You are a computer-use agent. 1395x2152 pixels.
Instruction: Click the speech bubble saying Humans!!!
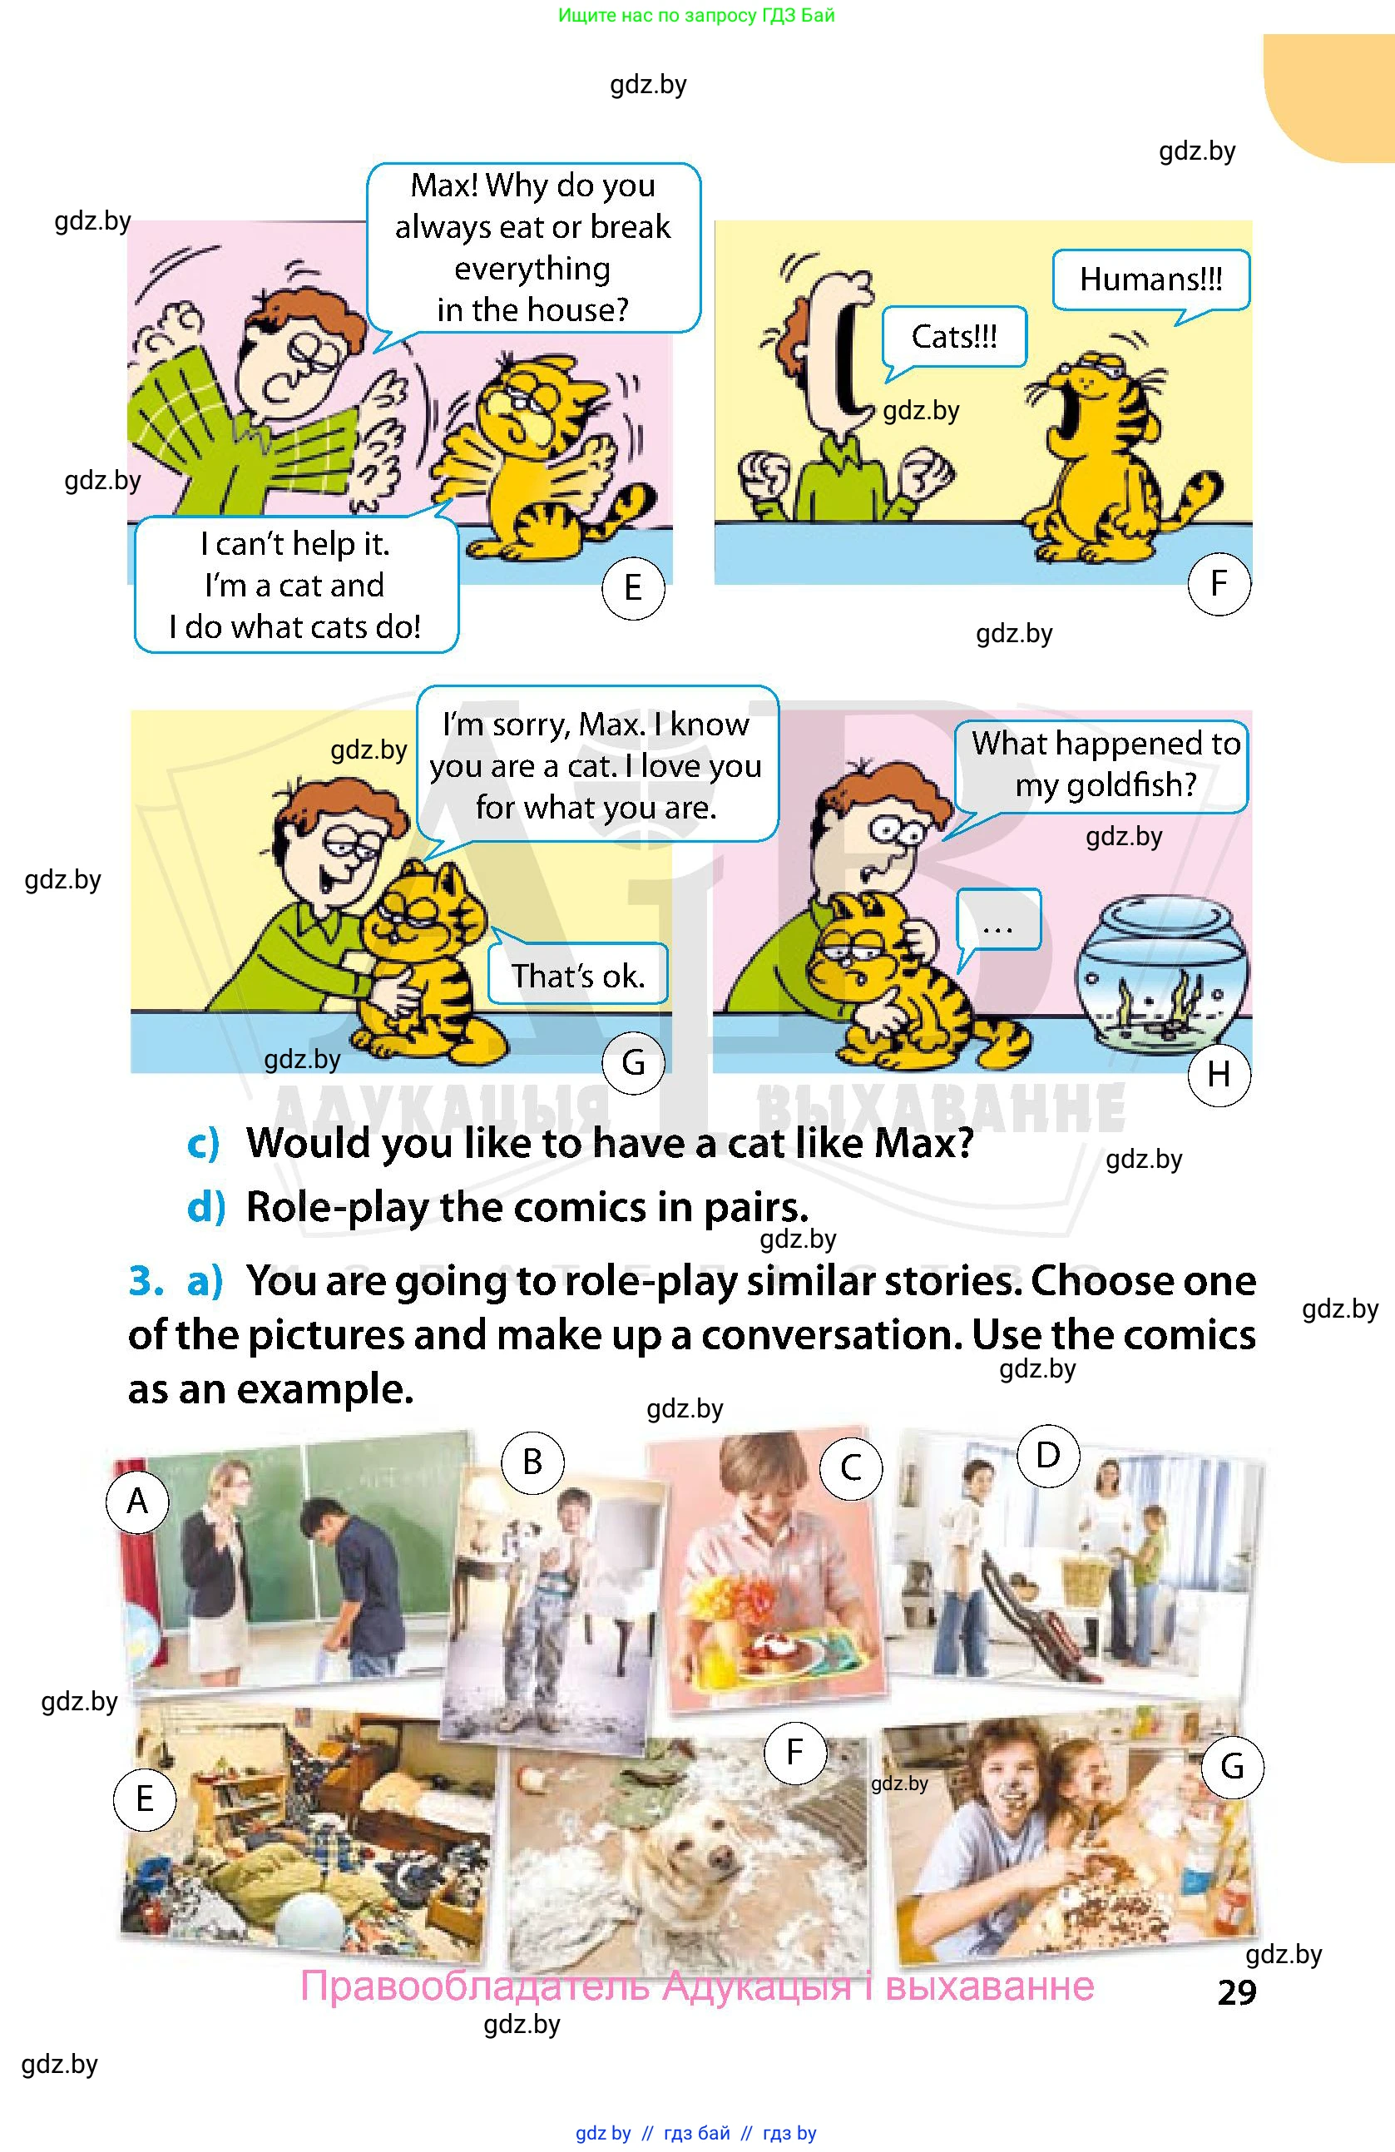point(1151,281)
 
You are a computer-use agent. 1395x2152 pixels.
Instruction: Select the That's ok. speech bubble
point(577,973)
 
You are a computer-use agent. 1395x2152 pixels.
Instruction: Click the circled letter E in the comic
point(633,589)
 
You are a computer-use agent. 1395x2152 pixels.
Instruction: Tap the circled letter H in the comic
point(1219,1074)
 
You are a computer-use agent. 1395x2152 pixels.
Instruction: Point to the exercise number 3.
point(146,1281)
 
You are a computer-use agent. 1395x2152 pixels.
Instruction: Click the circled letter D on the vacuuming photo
point(1047,1455)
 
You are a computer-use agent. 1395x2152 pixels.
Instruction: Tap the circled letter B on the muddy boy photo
point(532,1462)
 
